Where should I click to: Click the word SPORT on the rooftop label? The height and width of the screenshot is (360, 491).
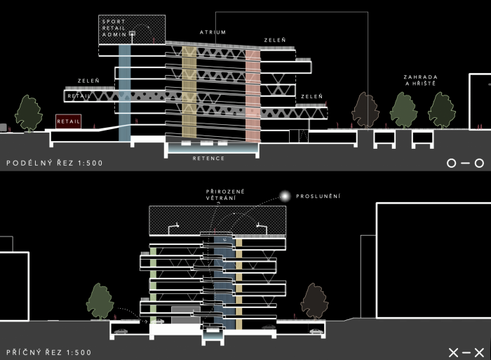coord(113,22)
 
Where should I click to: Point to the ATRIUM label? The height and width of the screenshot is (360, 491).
coord(212,33)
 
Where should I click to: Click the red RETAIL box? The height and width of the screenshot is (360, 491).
coord(69,121)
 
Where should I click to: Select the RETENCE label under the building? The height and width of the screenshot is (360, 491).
coord(209,159)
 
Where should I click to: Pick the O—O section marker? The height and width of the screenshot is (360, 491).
coord(465,164)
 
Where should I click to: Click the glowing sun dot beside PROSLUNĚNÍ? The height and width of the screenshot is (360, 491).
coord(285,196)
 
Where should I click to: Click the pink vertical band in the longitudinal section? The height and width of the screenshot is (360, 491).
coord(253,91)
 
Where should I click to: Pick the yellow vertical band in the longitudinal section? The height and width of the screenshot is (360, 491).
coord(189,91)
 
